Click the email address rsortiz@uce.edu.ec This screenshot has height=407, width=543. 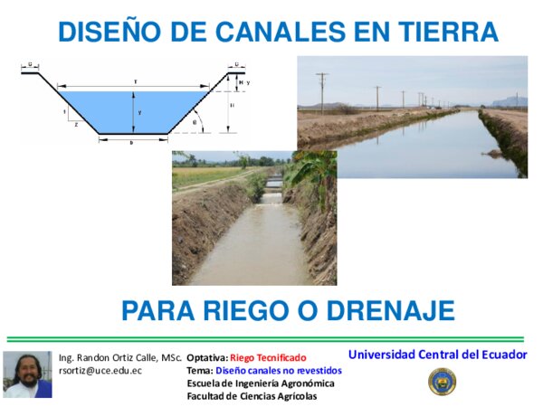pos(100,371)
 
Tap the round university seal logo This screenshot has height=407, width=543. pos(442,382)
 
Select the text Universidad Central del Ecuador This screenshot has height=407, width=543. pos(437,354)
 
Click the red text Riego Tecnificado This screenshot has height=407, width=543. pos(268,357)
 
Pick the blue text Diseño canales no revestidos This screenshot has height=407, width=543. pos(278,371)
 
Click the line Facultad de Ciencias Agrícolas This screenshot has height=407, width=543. pos(252,396)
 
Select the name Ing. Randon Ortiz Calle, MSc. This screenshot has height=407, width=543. pos(119,357)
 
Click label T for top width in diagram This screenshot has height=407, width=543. pos(135,82)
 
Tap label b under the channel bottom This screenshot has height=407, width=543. pos(131,143)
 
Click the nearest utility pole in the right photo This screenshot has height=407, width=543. pos(322,91)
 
